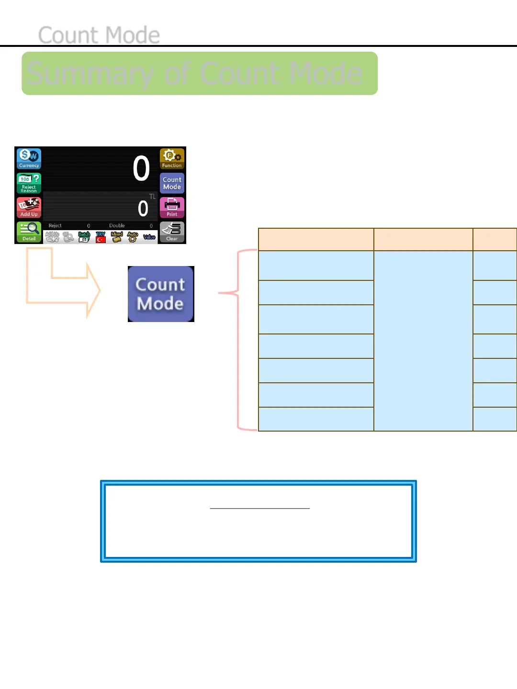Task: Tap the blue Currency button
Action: [29, 158]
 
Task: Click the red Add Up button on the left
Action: [29, 208]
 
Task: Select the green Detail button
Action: [29, 232]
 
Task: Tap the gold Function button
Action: [172, 158]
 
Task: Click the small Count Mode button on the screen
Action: [172, 183]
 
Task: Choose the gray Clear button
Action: [172, 232]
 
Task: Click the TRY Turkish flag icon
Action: [101, 237]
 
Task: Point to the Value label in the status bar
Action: [149, 237]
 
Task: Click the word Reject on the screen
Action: [55, 226]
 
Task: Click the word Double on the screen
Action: [117, 226]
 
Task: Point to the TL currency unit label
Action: [152, 197]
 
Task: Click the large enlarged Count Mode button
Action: [161, 294]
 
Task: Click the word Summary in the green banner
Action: [90, 74]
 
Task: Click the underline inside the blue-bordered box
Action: [259, 508]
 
